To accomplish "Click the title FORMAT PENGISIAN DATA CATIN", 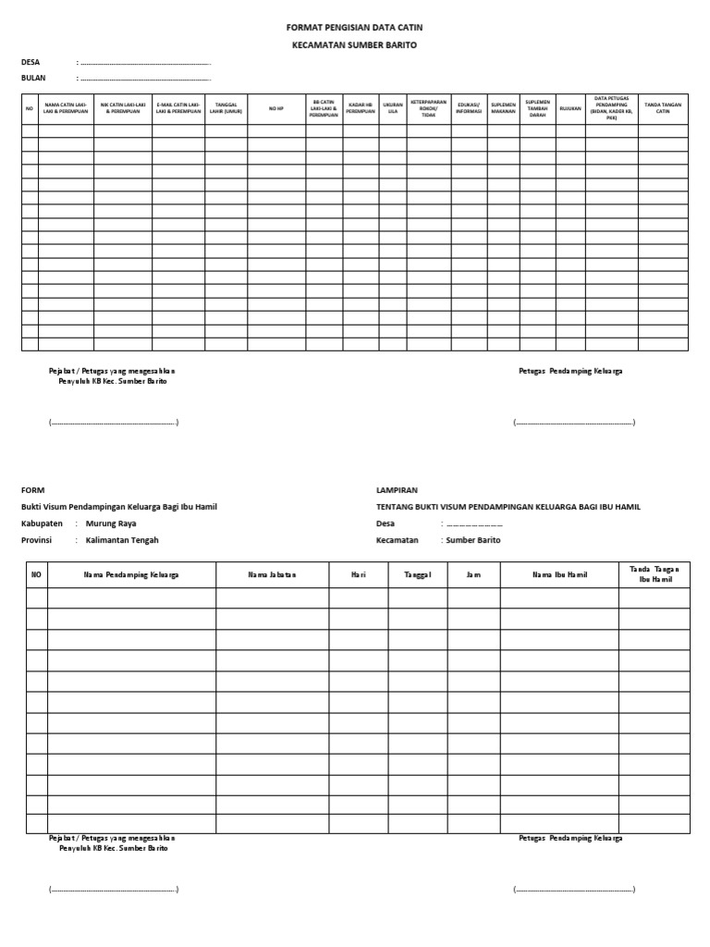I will coord(355,28).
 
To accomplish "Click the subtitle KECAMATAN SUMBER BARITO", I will coord(355,44).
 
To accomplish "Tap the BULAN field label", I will coord(33,78).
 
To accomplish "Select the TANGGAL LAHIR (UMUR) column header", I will coord(226,108).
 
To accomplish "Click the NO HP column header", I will coord(276,108).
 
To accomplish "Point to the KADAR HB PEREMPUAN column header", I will coord(361,108).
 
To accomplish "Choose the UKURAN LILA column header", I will coord(393,108).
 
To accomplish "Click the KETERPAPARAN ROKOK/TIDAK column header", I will coord(428,108).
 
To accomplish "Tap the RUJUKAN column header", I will coord(570,108).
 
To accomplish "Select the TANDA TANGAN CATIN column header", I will coord(663,108).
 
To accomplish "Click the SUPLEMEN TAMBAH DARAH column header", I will coord(537,108).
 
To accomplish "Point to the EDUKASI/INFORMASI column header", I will coord(469,108).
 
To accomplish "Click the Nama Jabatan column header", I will coord(272,574).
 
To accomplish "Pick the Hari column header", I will coord(359,574).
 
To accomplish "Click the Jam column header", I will coord(473,574).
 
